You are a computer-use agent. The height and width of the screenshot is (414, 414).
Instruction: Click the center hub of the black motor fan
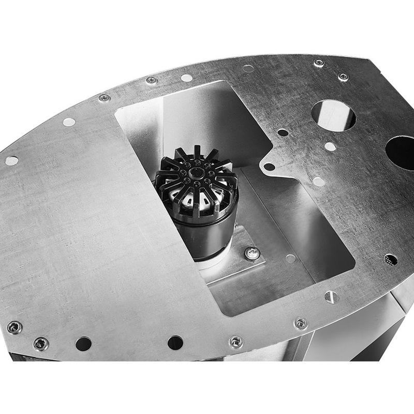pos(196,173)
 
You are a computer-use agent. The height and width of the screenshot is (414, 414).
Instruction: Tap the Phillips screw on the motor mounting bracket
pos(252,253)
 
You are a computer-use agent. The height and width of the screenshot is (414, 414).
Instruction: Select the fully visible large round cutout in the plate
pos(334,115)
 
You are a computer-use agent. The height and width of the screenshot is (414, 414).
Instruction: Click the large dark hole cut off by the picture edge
pos(401,152)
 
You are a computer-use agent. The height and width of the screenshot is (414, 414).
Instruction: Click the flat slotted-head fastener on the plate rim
pos(331,297)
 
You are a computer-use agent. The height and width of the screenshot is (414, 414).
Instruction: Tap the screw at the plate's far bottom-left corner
pos(14,327)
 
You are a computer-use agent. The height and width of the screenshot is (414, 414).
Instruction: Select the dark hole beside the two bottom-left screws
pos(83,343)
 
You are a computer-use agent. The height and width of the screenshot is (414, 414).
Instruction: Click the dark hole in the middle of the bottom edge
pos(175,343)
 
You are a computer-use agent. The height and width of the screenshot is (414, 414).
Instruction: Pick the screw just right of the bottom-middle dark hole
pos(236,342)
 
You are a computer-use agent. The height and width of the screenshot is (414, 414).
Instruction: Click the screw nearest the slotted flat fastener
pos(301,323)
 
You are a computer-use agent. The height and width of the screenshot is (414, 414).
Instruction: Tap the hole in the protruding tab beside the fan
pos(269,167)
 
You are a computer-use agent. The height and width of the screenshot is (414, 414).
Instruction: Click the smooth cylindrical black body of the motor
pos(207,233)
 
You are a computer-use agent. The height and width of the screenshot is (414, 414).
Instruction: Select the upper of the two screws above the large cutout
pos(319,63)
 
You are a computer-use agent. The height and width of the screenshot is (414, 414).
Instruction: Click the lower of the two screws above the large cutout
pos(343,77)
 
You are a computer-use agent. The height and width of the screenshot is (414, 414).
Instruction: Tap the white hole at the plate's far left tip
pos(11,160)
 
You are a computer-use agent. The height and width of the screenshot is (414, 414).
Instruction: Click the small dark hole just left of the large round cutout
pos(283,132)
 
